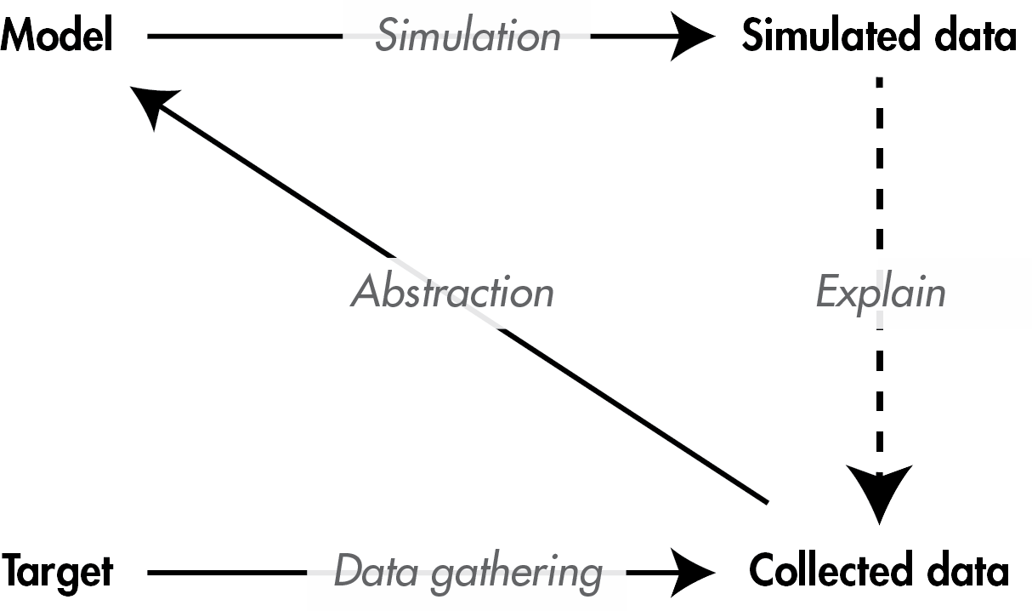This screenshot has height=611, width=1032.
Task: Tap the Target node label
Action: click(x=56, y=571)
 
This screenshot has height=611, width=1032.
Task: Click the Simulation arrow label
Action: click(x=468, y=36)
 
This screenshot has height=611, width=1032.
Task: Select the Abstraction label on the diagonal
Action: click(x=452, y=292)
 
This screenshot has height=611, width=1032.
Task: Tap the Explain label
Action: click(x=880, y=292)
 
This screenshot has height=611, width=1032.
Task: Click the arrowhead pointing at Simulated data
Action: click(x=693, y=36)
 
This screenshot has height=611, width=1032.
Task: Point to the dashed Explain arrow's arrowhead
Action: click(x=881, y=494)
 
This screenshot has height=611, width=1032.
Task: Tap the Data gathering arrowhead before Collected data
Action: click(x=693, y=572)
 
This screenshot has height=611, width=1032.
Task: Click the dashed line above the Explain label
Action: click(x=879, y=170)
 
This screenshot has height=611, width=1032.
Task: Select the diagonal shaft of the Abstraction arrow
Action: click(x=595, y=391)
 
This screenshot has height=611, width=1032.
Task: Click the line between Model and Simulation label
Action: click(x=247, y=36)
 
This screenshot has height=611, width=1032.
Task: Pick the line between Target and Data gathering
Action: click(x=225, y=572)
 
